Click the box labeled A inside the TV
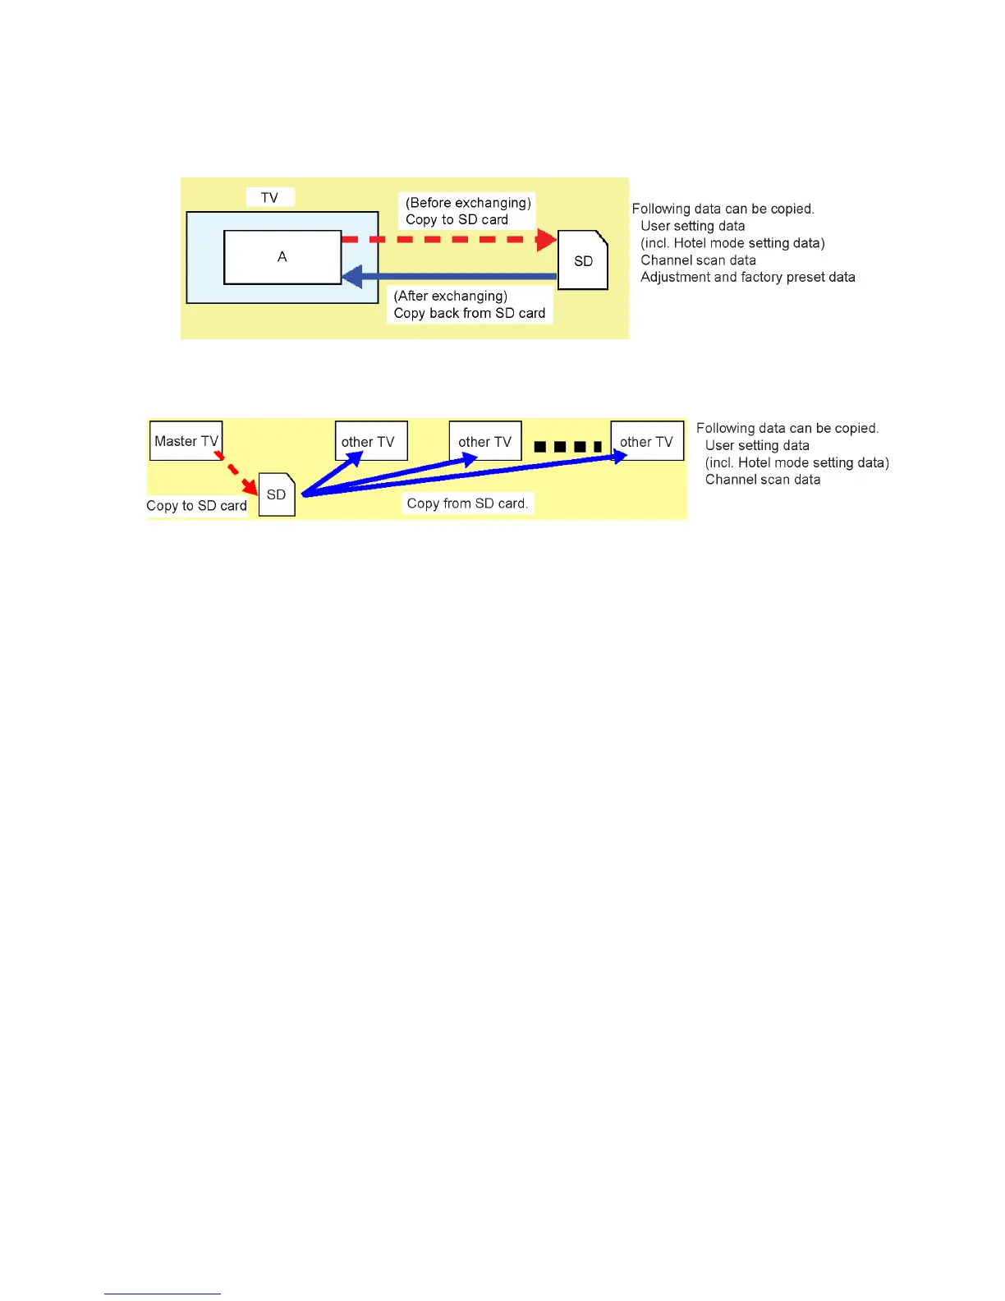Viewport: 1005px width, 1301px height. pos(282,257)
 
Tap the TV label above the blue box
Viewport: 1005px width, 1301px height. pos(269,197)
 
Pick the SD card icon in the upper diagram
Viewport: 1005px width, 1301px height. pos(583,260)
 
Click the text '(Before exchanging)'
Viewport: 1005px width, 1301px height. pos(468,202)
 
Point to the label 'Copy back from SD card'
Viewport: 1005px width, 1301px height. pos(469,313)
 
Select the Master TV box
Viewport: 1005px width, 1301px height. pos(186,441)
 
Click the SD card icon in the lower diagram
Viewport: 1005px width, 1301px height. pos(277,494)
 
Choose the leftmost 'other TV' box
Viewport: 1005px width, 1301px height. pos(370,441)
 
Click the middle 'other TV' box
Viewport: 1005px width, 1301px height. pos(485,441)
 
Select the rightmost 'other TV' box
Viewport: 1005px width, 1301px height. pos(647,441)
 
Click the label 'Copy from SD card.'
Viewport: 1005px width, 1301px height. pos(467,503)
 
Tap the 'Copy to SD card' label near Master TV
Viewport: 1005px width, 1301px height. pos(196,506)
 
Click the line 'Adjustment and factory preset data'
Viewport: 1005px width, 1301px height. pos(747,278)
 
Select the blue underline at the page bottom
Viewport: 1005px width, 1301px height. pos(162,1294)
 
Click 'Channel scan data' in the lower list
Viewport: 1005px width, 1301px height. pos(762,480)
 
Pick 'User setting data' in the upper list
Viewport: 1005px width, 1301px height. pos(692,226)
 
